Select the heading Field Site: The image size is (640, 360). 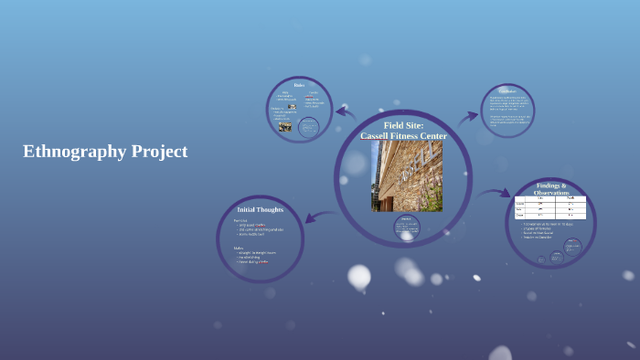[403, 125]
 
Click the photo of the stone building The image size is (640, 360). [406, 176]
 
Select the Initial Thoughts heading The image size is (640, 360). [261, 209]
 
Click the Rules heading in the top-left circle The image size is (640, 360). [299, 85]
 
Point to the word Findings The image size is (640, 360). [549, 185]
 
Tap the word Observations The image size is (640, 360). [551, 193]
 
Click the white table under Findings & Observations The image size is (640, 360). [550, 207]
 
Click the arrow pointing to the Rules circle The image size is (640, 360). [345, 112]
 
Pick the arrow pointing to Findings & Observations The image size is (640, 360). [494, 193]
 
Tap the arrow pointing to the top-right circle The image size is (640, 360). [467, 117]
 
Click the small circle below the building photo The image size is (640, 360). [407, 227]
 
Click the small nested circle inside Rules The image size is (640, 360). [309, 127]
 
